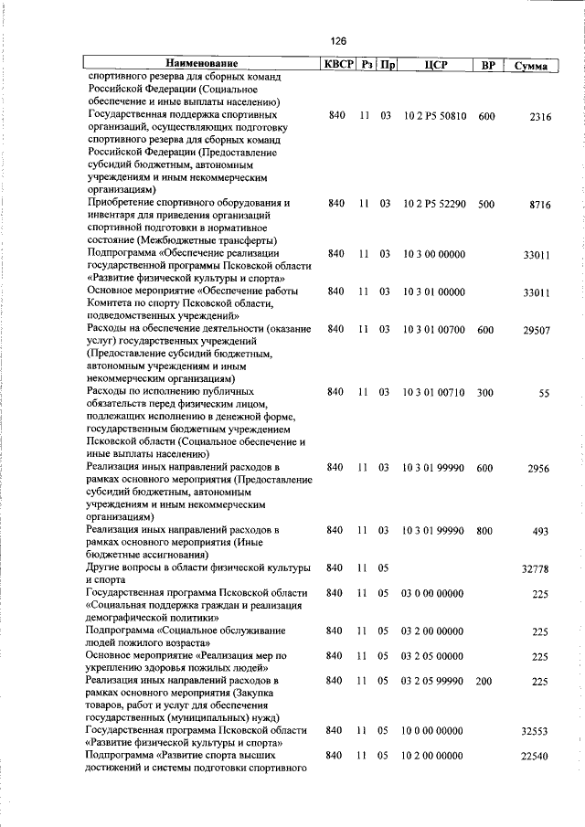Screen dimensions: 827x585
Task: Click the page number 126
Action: [x=339, y=41]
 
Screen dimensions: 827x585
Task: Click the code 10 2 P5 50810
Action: [x=434, y=117]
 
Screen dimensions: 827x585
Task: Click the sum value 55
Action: [x=545, y=393]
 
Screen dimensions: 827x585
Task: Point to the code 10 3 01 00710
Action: [x=434, y=392]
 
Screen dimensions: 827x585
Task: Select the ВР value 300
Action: [x=485, y=392]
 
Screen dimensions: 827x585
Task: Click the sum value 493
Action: [x=541, y=531]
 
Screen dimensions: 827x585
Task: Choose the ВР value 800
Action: [x=485, y=530]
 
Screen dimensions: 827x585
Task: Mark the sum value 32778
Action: [x=536, y=568]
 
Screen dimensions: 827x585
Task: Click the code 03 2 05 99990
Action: [x=434, y=681]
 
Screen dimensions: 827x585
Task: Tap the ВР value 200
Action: [x=485, y=681]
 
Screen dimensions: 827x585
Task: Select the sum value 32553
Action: [x=536, y=732]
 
